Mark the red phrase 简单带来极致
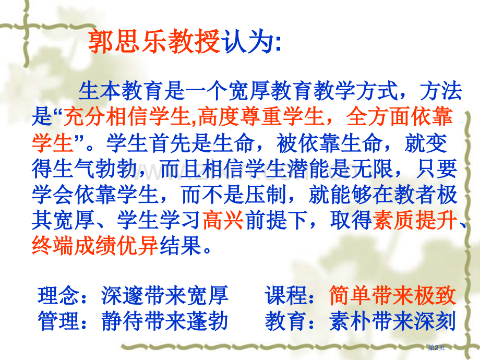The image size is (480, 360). point(392,296)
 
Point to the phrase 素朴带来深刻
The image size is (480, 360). point(392,320)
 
